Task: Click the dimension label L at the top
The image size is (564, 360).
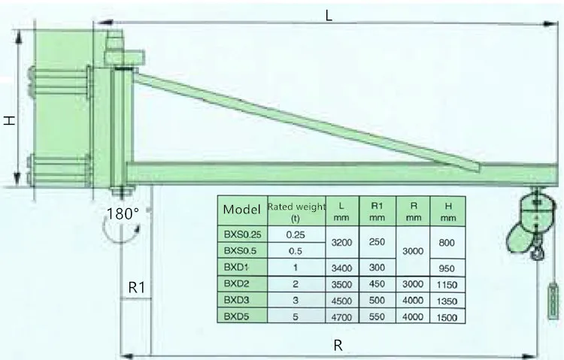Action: (x=329, y=14)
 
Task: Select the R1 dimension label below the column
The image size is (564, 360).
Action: (x=136, y=286)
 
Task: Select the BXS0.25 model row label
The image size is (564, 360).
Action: (x=242, y=234)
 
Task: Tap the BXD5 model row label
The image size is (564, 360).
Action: (x=236, y=316)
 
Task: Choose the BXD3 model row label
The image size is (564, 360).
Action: (x=236, y=300)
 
